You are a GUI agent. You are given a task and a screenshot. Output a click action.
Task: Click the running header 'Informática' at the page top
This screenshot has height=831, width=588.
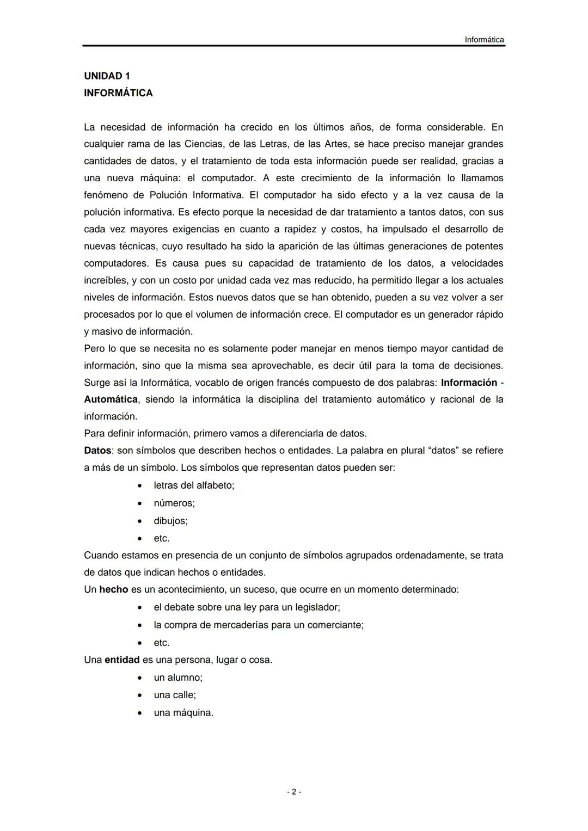point(484,40)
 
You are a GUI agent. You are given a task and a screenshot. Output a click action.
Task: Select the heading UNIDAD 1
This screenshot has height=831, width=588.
point(107,76)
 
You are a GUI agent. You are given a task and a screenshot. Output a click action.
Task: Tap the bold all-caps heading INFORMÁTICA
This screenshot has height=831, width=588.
point(118,93)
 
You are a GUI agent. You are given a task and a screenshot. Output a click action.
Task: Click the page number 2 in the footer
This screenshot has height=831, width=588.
point(293,792)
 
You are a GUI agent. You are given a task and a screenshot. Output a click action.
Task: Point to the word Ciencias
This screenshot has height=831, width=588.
point(204,144)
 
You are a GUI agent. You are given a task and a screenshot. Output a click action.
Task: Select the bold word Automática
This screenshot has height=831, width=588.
point(111,399)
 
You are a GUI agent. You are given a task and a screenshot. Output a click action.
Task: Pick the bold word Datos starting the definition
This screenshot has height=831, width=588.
point(97,451)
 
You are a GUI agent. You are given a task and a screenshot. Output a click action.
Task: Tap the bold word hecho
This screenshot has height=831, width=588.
point(114,589)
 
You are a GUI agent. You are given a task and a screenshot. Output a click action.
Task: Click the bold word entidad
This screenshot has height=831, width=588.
point(122,660)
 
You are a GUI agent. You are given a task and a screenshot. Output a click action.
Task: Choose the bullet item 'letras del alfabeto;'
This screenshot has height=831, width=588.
point(194,485)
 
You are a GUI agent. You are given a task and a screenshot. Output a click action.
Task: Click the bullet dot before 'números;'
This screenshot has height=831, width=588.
point(140,503)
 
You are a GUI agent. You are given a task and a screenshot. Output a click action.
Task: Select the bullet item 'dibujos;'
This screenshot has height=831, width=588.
point(170,521)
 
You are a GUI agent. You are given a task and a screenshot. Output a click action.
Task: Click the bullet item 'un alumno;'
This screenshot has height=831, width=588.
point(178,678)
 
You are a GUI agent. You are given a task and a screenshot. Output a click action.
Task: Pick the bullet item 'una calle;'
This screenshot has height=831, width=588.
point(175,695)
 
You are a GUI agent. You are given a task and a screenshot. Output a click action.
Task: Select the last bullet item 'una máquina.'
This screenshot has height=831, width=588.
point(183,713)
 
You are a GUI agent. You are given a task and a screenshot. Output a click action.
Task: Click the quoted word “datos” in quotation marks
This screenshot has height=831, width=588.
point(443,451)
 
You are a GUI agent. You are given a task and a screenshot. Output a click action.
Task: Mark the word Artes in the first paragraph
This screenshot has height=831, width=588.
point(336,144)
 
